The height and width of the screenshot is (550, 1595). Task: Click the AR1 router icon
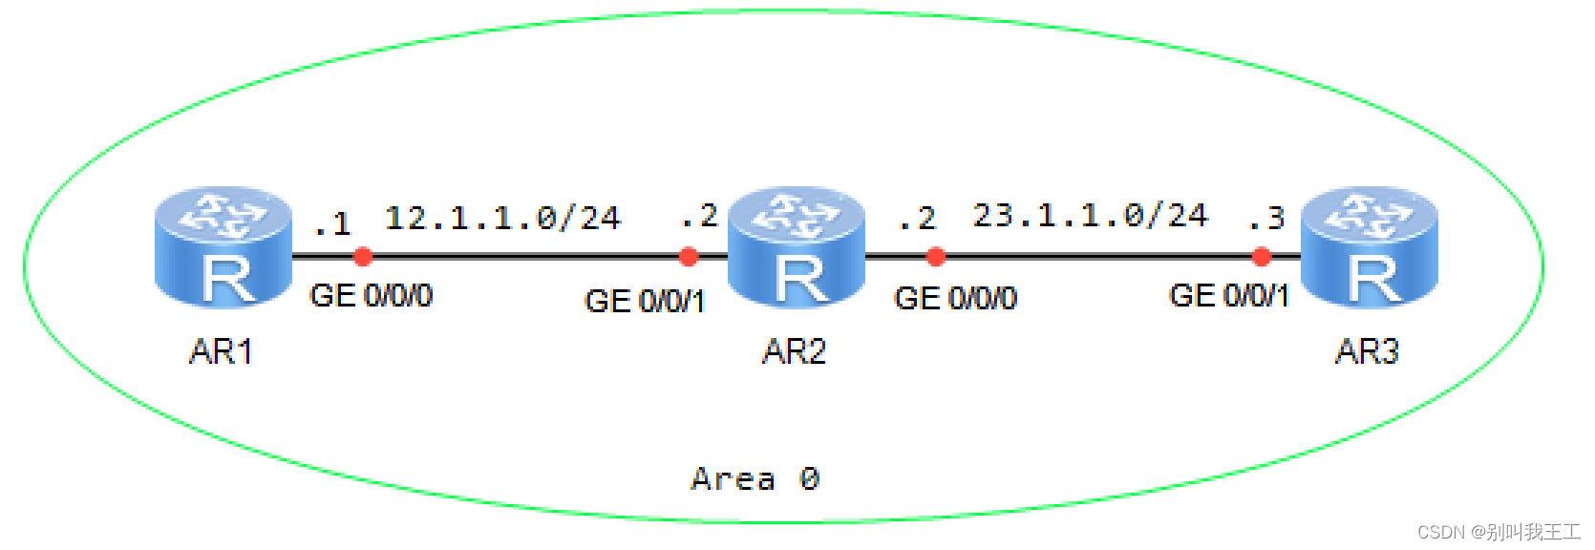[223, 247]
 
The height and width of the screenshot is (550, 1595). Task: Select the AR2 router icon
[797, 247]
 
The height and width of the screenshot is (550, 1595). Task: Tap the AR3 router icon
[1370, 247]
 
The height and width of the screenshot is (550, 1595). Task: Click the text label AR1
[222, 352]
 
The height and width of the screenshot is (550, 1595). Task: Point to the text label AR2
[794, 352]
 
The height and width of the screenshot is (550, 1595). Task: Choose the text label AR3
[1367, 352]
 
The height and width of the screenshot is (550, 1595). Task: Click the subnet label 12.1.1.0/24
[502, 219]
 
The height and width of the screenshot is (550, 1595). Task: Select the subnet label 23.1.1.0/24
[1090, 216]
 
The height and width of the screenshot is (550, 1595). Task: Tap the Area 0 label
[755, 478]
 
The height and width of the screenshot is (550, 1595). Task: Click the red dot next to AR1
[363, 256]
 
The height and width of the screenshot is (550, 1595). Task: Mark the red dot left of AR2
[689, 256]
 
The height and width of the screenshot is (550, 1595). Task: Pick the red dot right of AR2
[936, 256]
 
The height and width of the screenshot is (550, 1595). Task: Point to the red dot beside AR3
[1262, 256]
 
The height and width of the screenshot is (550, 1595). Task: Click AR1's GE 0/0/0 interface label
[372, 296]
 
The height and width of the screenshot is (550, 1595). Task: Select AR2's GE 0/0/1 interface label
[645, 302]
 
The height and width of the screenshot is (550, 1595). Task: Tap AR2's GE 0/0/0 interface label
[955, 299]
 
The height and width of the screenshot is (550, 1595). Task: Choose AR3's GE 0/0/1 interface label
[1229, 296]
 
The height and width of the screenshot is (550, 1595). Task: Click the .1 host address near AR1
[332, 224]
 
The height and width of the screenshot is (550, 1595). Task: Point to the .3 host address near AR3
[1266, 219]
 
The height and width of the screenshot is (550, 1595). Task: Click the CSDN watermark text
[1499, 532]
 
